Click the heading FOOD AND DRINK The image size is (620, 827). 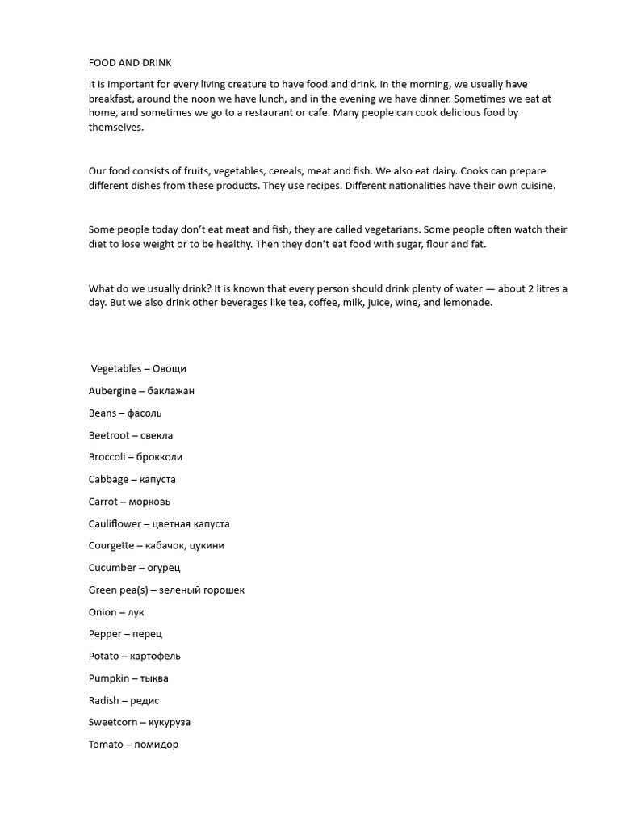[130, 63]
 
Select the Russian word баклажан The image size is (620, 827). [171, 391]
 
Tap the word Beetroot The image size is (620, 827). [108, 435]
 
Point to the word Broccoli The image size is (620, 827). [107, 457]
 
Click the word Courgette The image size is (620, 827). [111, 545]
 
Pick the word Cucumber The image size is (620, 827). [112, 568]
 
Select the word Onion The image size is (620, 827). [103, 612]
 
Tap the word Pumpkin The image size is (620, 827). [108, 678]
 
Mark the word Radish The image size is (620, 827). [103, 700]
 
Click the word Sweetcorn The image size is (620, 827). [113, 722]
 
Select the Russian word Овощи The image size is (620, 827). [170, 369]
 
